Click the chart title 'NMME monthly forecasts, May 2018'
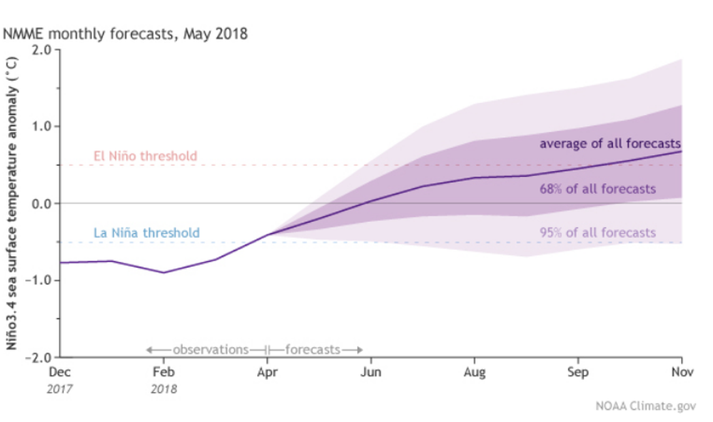tap(126, 33)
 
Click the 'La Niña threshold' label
tap(146, 233)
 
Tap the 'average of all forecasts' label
tap(610, 143)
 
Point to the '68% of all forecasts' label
tap(597, 188)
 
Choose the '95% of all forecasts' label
tap(597, 233)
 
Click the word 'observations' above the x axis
tap(210, 349)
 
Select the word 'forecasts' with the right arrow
tap(313, 349)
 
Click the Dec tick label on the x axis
tap(60, 371)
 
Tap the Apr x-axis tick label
tap(267, 371)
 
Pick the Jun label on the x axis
tap(371, 371)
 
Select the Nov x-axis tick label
tap(680, 371)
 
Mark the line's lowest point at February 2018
tap(164, 272)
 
